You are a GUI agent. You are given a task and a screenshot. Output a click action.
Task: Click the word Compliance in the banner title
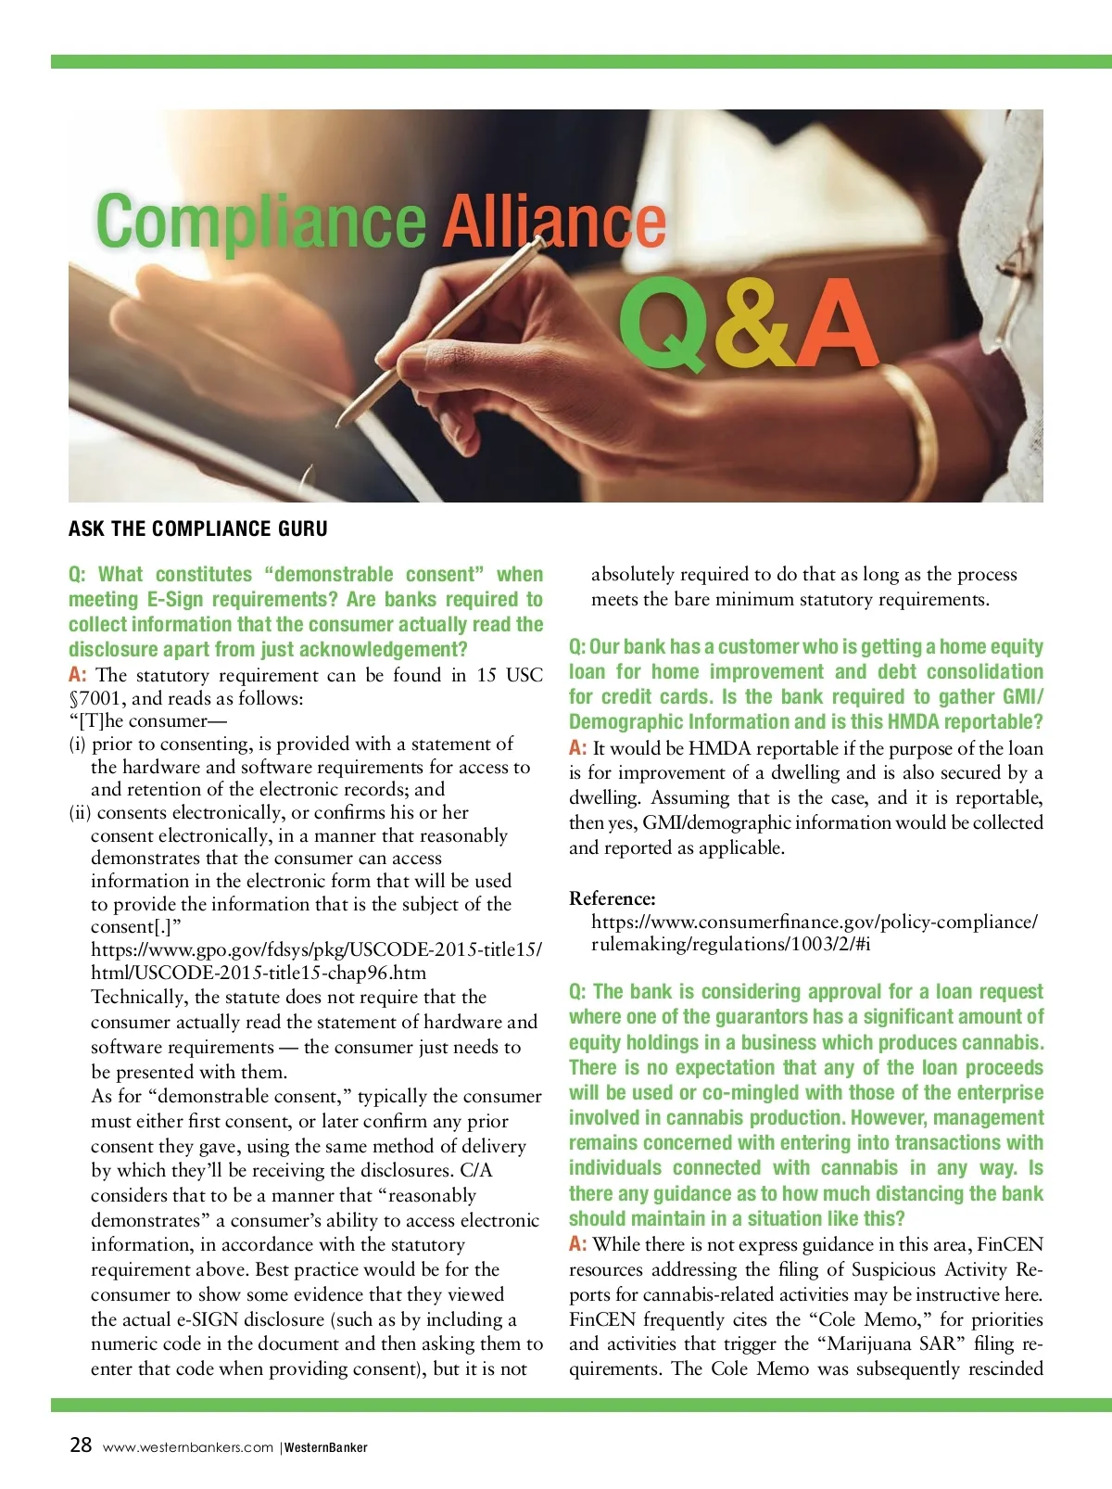coord(260,223)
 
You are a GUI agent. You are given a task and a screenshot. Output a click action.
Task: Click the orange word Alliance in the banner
coord(553,223)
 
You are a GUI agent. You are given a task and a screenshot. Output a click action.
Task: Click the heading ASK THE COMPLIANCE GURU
coord(198,529)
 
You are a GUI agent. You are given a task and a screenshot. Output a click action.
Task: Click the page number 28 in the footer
coord(81,1444)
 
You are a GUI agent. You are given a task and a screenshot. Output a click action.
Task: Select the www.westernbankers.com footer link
coord(188,1447)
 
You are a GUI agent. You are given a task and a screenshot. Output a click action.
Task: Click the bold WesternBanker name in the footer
coord(326,1447)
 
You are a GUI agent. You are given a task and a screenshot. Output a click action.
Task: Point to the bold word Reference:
coord(613,898)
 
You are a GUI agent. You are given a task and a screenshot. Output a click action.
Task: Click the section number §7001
coord(95,698)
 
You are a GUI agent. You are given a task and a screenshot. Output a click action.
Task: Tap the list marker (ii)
coord(80,813)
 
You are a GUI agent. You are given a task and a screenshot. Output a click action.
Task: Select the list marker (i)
coord(77,744)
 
